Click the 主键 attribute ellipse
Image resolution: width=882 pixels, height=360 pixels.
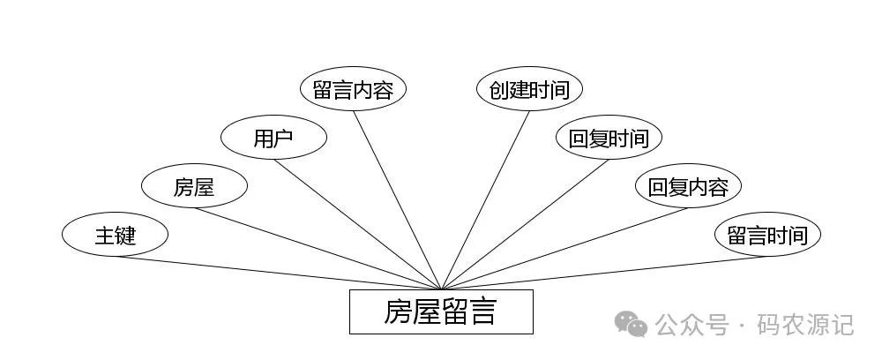point(115,236)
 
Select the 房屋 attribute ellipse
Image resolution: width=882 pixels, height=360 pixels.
point(194,186)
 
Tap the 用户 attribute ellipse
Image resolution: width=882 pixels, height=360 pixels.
point(273,138)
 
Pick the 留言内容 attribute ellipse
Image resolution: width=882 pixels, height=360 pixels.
point(353,89)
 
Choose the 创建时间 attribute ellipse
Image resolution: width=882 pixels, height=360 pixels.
point(529,89)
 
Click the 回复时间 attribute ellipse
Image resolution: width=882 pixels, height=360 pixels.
point(609,138)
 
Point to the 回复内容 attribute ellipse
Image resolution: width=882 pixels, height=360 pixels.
point(688,186)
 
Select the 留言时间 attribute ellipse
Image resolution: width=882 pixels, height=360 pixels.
point(767,236)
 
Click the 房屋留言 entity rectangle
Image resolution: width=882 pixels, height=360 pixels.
point(441,311)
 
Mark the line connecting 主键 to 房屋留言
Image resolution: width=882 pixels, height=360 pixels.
point(278,273)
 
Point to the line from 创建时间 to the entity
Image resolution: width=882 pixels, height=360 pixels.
point(485,200)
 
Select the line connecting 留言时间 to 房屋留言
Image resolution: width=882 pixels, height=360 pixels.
point(604,273)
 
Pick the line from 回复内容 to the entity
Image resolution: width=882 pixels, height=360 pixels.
point(564,248)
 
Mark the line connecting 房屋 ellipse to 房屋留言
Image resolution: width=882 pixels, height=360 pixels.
point(318,248)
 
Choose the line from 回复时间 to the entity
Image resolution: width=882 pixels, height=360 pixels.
point(525,224)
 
